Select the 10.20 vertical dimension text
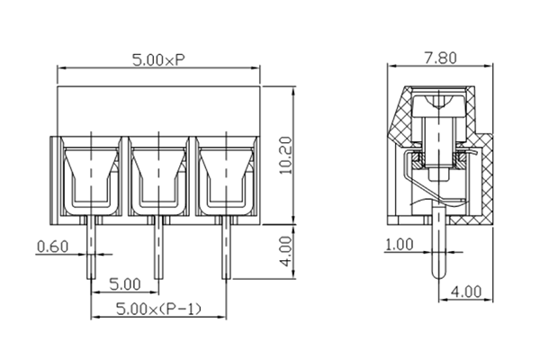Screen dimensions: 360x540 click(x=284, y=156)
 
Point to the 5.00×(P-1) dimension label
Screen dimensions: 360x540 click(x=159, y=310)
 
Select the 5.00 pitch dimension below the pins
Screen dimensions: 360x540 click(x=124, y=284)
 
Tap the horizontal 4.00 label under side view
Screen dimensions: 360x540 click(x=468, y=292)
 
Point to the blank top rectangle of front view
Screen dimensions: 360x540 click(x=158, y=109)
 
